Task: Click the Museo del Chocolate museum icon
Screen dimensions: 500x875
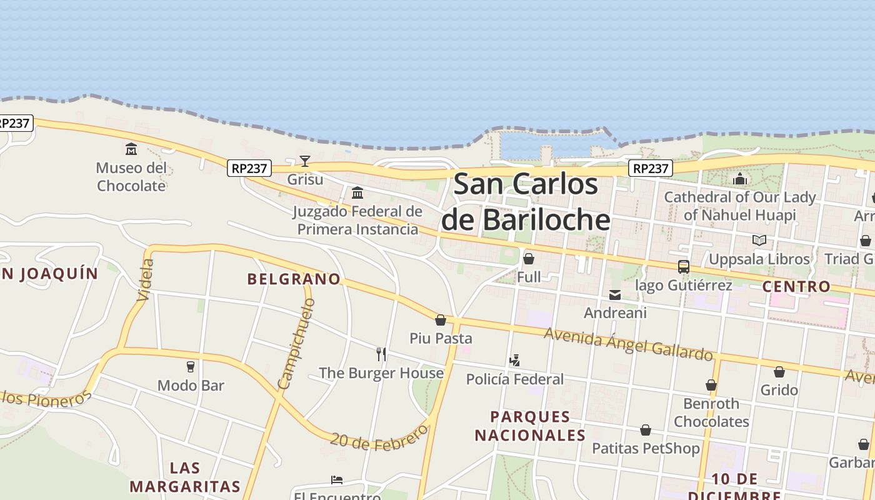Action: click(131, 149)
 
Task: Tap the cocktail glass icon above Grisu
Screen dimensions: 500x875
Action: click(304, 161)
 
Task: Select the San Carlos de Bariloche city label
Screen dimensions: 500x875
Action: click(525, 202)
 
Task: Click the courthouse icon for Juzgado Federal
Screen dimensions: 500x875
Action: click(357, 192)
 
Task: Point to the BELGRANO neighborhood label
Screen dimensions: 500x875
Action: click(294, 279)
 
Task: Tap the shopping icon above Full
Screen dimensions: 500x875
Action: click(529, 259)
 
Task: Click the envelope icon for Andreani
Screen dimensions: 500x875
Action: click(615, 295)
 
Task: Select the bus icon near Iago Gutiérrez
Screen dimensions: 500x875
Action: click(684, 267)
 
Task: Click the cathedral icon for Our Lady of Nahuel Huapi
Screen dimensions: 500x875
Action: click(740, 179)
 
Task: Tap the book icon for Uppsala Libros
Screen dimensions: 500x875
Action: click(759, 241)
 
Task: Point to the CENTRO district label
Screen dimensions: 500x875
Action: click(796, 287)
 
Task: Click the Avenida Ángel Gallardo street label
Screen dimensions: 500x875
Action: click(628, 344)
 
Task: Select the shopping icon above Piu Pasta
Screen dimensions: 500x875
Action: click(441, 320)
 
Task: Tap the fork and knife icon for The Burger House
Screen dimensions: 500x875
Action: click(381, 354)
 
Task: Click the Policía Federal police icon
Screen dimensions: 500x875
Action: click(514, 361)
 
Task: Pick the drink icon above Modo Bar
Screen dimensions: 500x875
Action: click(191, 367)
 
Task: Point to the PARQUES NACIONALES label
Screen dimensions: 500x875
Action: click(530, 426)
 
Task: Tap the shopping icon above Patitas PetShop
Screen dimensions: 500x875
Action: click(646, 430)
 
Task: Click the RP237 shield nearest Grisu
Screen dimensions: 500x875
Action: click(249, 168)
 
